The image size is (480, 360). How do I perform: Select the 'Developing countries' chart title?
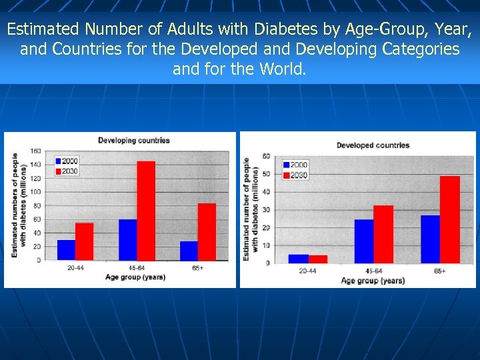pos(134,141)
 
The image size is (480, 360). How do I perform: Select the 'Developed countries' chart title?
pos(373,145)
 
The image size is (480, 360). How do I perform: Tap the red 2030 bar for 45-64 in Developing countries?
pos(146,211)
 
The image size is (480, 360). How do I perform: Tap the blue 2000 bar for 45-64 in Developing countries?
pos(128,239)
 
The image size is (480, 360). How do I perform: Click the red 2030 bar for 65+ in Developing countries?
pos(207,231)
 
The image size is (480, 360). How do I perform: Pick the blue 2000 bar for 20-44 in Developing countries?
pos(66,249)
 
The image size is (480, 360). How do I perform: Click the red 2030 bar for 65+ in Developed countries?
pos(450,219)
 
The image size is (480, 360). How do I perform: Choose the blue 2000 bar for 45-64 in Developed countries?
pos(364,241)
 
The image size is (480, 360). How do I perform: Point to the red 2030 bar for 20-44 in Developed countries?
pos(318,259)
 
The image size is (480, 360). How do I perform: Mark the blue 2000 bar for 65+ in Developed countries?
pos(430,239)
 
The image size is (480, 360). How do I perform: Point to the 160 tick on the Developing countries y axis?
pos(35,151)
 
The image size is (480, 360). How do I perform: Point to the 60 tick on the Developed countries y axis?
pos(265,157)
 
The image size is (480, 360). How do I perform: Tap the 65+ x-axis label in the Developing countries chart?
pos(197,268)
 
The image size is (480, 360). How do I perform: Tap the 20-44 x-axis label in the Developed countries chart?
pos(307,271)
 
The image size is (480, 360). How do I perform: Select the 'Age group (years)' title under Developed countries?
pos(373,281)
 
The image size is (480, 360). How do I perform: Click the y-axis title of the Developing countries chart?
pos(19,205)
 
